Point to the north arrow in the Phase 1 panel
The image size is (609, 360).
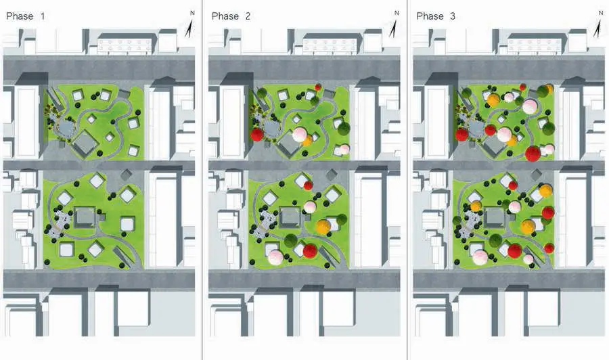(191, 25)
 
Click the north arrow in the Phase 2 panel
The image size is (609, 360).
(395, 25)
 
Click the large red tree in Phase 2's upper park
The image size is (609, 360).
(257, 135)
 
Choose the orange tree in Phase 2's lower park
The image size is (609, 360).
(323, 227)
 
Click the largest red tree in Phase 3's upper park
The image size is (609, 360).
(533, 153)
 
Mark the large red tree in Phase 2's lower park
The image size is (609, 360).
(310, 251)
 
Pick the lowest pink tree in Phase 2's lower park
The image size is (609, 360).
(275, 257)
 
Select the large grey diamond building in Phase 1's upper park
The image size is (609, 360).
(85, 142)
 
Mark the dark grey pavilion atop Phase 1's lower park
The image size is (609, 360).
(126, 175)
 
